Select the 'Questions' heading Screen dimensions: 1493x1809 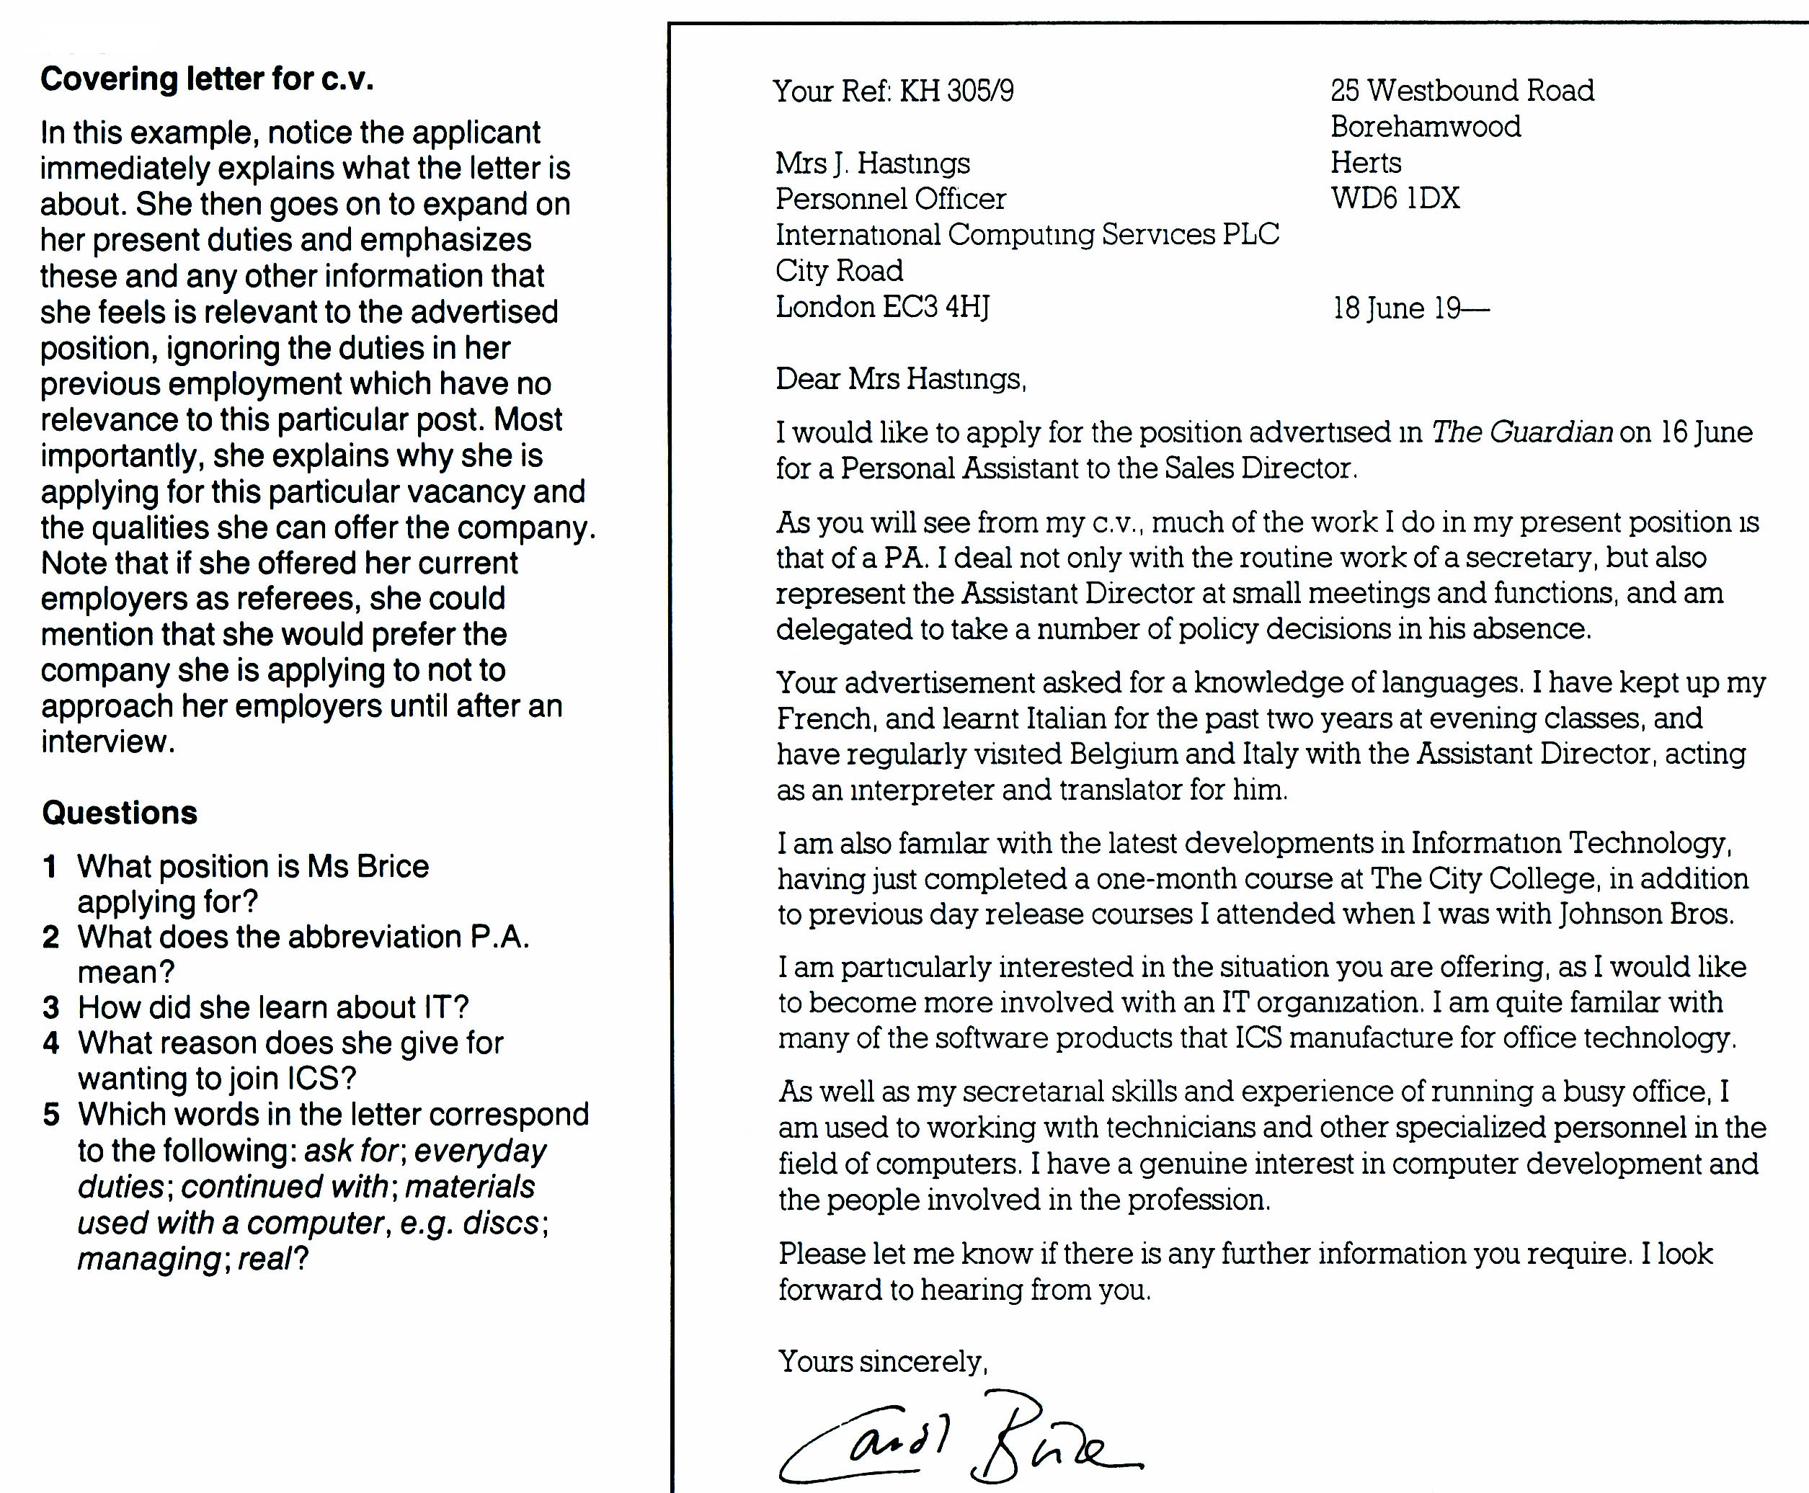(120, 813)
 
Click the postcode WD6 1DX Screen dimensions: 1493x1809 (1395, 199)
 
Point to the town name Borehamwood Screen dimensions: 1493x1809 (1426, 126)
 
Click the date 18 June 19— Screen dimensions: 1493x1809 (1410, 308)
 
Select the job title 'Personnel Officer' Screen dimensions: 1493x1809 (890, 199)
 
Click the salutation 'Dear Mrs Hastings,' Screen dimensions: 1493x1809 (901, 378)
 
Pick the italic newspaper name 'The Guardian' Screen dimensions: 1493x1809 (1521, 432)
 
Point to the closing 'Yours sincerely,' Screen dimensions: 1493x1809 (883, 1360)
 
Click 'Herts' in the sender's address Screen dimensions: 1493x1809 (1366, 163)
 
